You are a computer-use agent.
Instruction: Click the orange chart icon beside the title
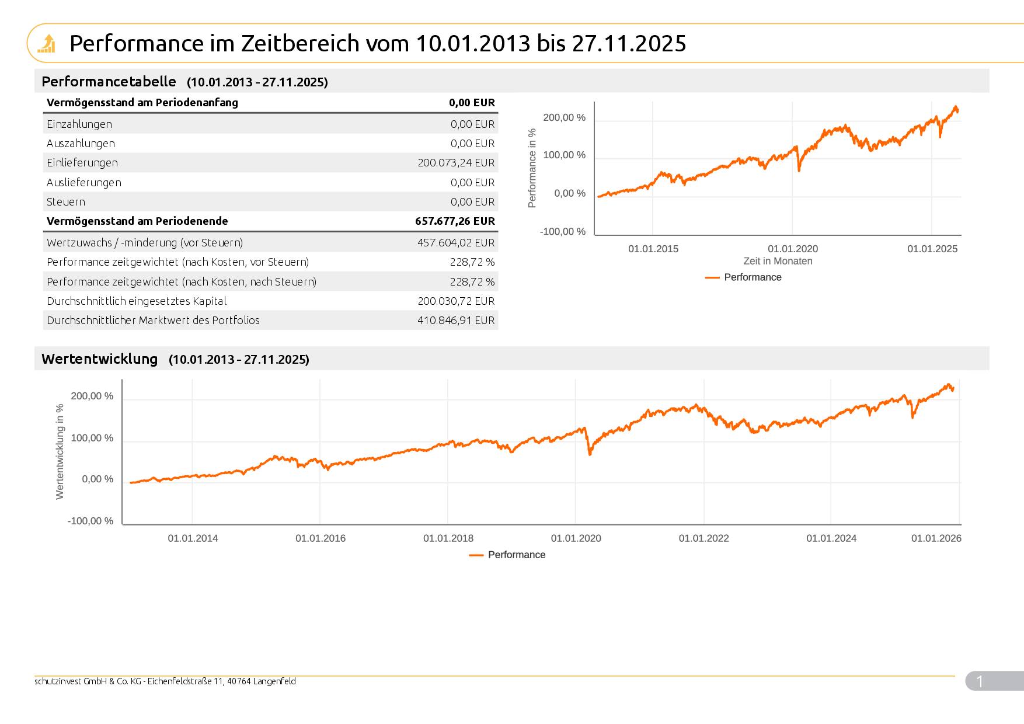pos(46,44)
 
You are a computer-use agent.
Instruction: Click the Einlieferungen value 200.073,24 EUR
pos(456,163)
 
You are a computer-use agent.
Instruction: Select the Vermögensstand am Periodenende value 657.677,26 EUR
pos(455,221)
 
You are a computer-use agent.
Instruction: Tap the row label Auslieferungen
pos(84,183)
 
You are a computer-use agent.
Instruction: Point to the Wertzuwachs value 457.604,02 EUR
pos(456,243)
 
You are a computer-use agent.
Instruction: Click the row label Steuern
pos(66,202)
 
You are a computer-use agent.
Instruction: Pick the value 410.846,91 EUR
pos(456,321)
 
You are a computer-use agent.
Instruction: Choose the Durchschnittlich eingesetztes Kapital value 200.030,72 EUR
pos(456,301)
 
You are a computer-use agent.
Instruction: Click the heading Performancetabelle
pos(109,82)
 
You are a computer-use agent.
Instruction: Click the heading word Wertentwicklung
pos(100,359)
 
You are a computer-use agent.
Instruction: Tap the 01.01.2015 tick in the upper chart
pos(653,249)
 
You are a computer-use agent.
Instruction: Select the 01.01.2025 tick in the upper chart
pos(932,249)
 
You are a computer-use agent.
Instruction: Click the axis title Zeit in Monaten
pos(778,261)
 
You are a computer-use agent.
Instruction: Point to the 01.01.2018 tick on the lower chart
pos(448,538)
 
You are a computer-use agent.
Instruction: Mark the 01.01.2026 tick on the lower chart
pos(936,538)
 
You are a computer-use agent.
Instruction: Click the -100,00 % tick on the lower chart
pos(90,521)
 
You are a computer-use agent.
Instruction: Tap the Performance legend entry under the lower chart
pos(516,555)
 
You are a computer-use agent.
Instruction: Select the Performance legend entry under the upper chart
pos(752,277)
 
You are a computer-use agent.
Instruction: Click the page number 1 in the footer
pos(980,681)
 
